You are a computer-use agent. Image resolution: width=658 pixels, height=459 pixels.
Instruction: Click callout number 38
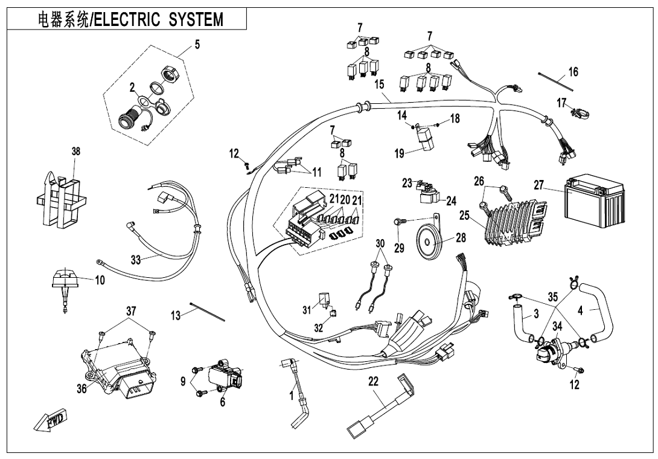[x=76, y=150]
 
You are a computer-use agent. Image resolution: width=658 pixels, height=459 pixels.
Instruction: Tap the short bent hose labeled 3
[x=520, y=326]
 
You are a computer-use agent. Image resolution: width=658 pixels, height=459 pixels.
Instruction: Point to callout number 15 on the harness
[x=379, y=84]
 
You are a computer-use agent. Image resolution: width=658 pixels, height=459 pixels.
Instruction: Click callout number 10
[x=100, y=280]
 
